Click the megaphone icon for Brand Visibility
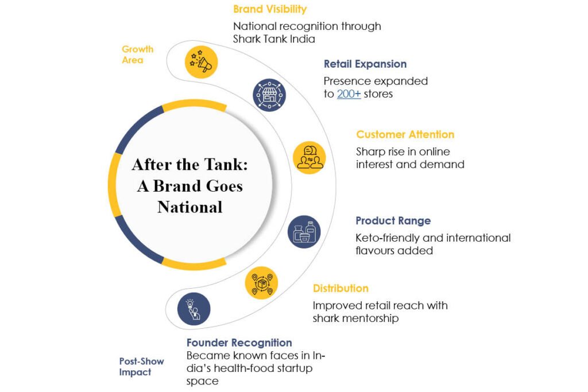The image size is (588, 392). (202, 62)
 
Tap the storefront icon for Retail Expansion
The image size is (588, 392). (269, 95)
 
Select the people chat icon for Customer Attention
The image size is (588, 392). (310, 157)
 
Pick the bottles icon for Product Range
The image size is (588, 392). (304, 232)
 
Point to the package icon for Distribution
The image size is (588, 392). (261, 282)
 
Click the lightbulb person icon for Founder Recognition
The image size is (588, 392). (194, 309)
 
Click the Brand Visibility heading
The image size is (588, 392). (270, 9)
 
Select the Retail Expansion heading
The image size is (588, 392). (365, 64)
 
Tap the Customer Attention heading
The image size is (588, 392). (405, 134)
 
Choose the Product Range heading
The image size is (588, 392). (393, 221)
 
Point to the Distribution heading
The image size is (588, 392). (341, 288)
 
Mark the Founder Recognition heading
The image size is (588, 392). (239, 343)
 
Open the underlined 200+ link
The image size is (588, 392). (349, 94)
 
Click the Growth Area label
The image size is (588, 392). (138, 55)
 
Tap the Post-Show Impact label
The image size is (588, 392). (141, 367)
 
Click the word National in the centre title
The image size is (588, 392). (189, 207)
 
